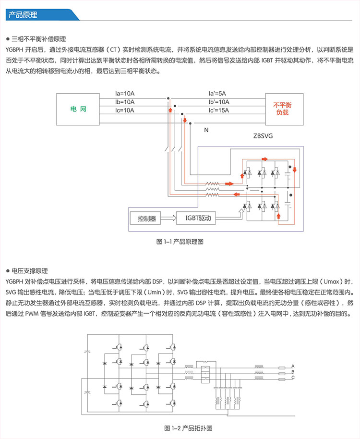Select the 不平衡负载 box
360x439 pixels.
(x=283, y=108)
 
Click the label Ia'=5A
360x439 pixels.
(x=217, y=93)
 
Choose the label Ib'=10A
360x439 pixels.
(x=218, y=102)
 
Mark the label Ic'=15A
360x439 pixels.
(x=218, y=110)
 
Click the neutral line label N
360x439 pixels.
(x=206, y=130)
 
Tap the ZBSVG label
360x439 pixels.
(x=263, y=136)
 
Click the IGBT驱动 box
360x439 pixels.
(x=195, y=219)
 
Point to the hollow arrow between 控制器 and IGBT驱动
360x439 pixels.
(x=168, y=219)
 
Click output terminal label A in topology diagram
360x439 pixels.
(x=293, y=366)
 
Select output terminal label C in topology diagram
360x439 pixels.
(x=293, y=378)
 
